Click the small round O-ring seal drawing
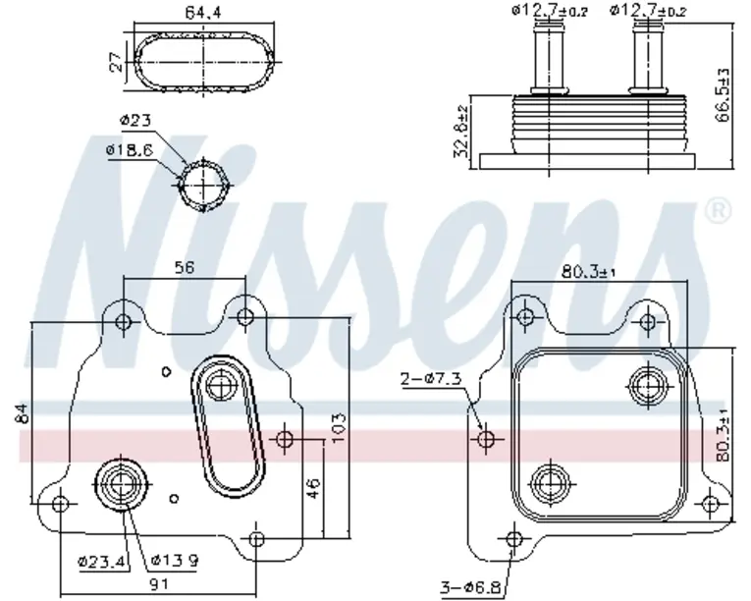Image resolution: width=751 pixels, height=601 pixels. click(205, 184)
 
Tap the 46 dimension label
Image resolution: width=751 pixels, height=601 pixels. click(313, 486)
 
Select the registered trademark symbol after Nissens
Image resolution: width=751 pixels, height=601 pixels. click(718, 209)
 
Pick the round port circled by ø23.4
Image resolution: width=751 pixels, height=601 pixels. click(124, 484)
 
